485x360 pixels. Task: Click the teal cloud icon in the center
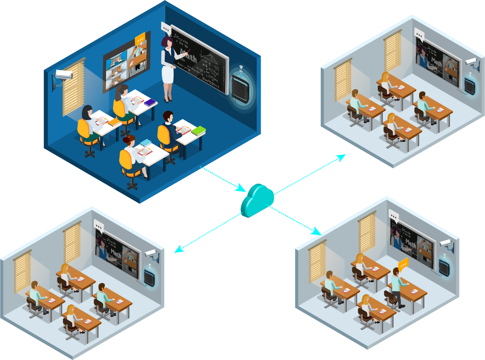tap(257, 199)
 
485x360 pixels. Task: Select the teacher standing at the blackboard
tap(169, 68)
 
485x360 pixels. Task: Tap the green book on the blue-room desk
tap(199, 131)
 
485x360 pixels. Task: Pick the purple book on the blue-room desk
tap(150, 102)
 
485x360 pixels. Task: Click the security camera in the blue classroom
tap(63, 76)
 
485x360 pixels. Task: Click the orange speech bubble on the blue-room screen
tap(140, 39)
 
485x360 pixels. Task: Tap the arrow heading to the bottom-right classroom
tap(296, 220)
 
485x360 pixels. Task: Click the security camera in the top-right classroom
tap(472, 62)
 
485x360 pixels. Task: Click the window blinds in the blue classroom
tap(73, 87)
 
